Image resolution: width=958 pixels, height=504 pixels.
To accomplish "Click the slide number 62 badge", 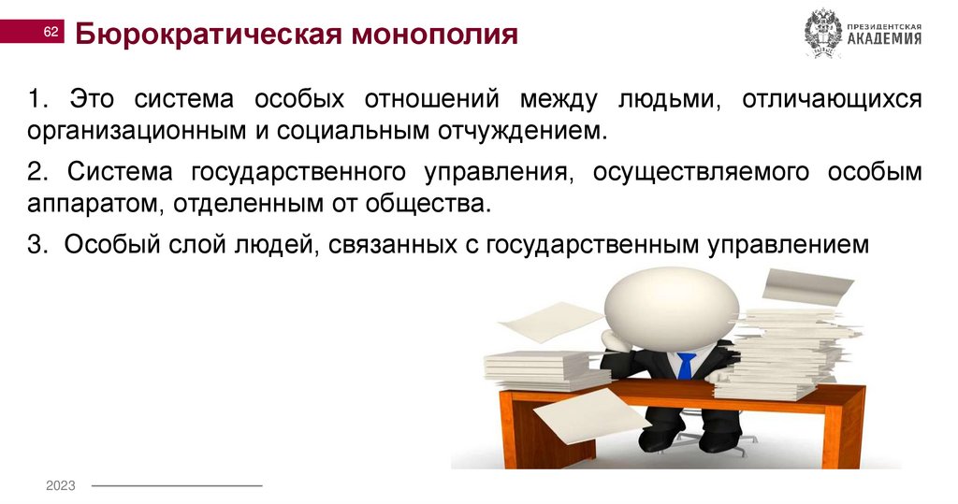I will [51, 34].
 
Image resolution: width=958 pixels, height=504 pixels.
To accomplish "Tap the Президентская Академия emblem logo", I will [823, 34].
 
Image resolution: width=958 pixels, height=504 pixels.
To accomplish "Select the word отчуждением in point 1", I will [524, 129].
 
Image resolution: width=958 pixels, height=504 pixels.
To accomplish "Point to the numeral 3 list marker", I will [34, 244].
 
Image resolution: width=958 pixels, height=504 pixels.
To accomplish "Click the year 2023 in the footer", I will [61, 485].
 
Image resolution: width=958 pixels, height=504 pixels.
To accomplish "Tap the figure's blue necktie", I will [686, 365].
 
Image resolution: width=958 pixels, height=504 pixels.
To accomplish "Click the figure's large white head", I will [671, 304].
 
